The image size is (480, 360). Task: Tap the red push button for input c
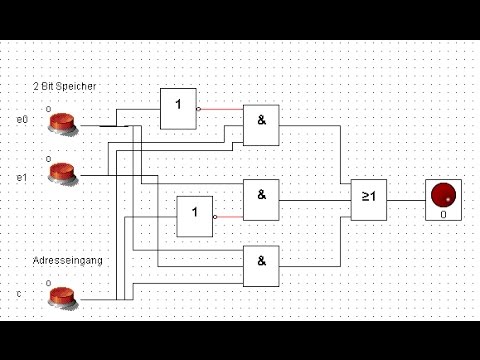tap(63, 297)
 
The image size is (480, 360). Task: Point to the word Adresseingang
tap(66, 261)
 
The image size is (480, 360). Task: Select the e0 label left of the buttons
tap(22, 119)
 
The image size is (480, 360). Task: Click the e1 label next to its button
tap(22, 177)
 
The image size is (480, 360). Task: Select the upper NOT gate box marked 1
tap(179, 108)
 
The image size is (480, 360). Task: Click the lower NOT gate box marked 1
tap(195, 216)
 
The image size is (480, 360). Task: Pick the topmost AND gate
tap(261, 126)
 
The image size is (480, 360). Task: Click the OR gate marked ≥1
tap(367, 198)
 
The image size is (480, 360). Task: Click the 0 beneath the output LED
tap(443, 214)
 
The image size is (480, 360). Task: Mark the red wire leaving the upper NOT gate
tap(222, 108)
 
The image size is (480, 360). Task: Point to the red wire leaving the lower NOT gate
tap(229, 216)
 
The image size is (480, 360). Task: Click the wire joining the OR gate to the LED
tap(405, 198)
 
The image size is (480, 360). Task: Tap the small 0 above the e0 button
tap(48, 104)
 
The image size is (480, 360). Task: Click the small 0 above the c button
tap(48, 281)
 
